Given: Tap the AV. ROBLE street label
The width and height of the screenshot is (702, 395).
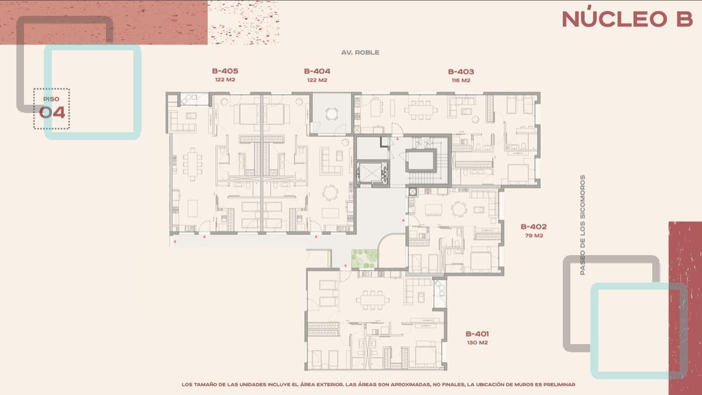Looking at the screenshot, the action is [360, 52].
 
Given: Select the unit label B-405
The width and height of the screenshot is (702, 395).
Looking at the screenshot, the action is [225, 71].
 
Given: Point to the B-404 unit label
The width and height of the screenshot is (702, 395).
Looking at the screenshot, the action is [317, 71].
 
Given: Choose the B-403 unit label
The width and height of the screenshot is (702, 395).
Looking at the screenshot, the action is [461, 71].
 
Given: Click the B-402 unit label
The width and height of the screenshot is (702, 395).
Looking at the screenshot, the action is [534, 226].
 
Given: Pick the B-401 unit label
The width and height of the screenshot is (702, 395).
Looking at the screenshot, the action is [477, 334].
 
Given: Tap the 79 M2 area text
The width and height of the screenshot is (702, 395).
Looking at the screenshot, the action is [534, 235].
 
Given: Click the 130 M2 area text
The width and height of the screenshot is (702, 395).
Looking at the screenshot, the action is [477, 343].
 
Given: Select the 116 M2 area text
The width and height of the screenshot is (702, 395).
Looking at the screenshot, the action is [461, 80].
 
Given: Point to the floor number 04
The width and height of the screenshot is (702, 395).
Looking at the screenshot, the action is [52, 112].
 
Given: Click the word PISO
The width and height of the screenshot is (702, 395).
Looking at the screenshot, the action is [51, 99].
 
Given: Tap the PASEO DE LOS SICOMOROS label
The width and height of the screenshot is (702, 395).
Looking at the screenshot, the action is [582, 225].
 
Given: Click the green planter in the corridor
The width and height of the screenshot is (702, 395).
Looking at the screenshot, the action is [365, 259].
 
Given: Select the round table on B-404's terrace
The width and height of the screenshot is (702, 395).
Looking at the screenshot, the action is [332, 114].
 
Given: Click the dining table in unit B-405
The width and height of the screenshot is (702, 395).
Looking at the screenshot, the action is [192, 164].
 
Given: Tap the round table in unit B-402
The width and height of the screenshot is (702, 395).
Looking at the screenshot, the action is [459, 209].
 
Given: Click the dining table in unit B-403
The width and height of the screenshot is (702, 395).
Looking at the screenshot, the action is [421, 110].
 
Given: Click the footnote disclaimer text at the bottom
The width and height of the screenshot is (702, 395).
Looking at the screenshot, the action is [378, 384].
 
